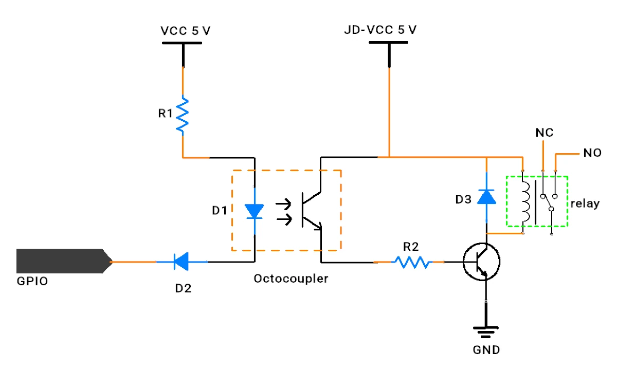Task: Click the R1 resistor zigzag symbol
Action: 183,115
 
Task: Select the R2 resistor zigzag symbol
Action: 412,262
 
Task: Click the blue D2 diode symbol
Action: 182,262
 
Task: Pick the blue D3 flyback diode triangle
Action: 486,197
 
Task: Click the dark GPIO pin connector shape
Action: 64,261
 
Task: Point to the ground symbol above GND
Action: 485,332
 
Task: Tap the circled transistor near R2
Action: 481,262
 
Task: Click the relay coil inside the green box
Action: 525,202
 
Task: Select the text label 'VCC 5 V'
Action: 186,30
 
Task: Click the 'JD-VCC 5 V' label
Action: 380,30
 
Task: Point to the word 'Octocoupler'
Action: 291,279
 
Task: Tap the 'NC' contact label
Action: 545,133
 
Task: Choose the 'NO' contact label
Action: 592,153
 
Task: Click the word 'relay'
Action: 585,203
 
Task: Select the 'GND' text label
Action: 486,350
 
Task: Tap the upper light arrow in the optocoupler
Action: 283,205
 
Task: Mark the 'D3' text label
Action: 463,199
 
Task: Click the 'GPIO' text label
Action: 32,281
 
